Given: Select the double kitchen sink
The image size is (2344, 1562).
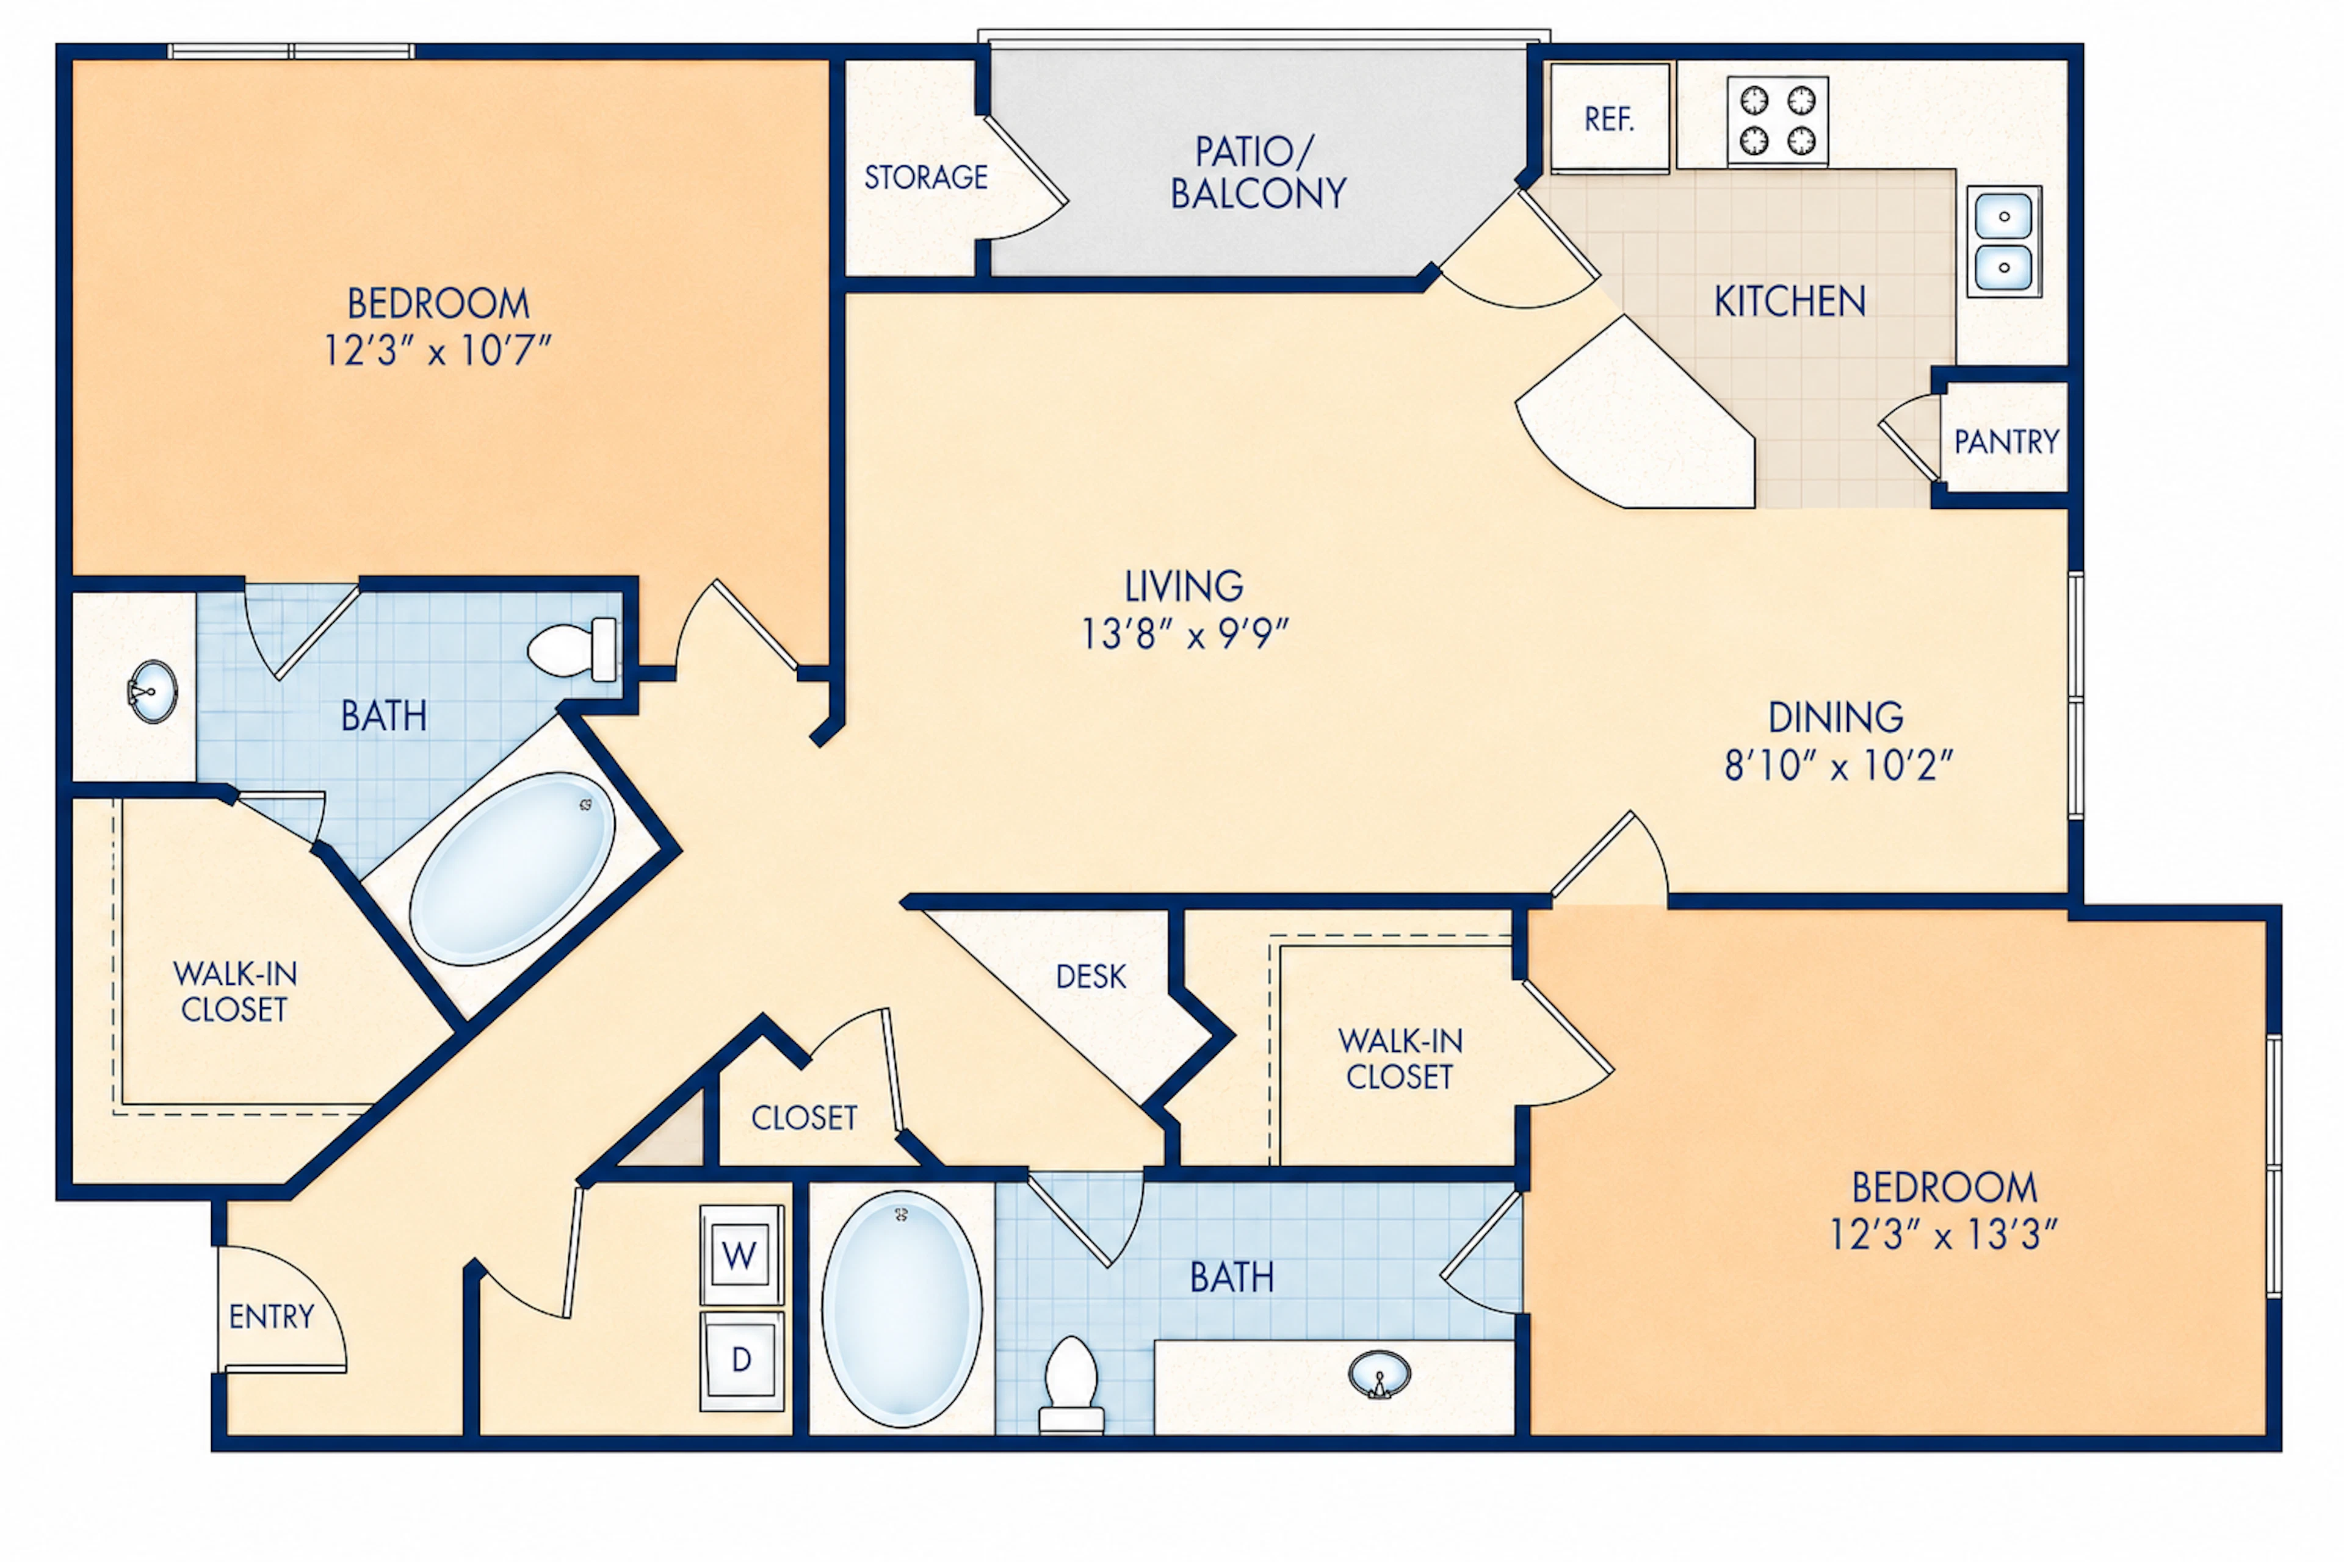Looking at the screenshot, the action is (x=2004, y=241).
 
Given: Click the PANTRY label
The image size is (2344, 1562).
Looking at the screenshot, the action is (x=2006, y=441).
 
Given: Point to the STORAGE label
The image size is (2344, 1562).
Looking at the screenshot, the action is (x=926, y=178).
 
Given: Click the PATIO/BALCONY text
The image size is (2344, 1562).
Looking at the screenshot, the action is (x=1257, y=172).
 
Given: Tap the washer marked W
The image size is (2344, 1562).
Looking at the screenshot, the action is (x=740, y=1254).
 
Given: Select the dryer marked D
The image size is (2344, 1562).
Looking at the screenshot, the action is (x=740, y=1361).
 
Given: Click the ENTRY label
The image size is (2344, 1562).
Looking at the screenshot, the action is (x=271, y=1317).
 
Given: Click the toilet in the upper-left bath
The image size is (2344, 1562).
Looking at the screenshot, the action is (x=572, y=649).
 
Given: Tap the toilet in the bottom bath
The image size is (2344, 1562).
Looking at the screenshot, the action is (x=1071, y=1384).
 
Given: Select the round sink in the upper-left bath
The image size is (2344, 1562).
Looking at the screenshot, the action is (x=153, y=690).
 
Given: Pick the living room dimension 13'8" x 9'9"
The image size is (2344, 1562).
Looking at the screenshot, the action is (x=1185, y=633).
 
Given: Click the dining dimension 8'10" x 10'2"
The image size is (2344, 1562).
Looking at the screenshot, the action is (x=1839, y=765).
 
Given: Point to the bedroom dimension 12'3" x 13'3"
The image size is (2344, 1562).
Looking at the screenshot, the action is (x=1944, y=1235).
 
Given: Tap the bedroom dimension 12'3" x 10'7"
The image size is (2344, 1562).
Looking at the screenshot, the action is (x=438, y=351).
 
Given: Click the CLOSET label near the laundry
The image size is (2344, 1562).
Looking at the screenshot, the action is (x=805, y=1118).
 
